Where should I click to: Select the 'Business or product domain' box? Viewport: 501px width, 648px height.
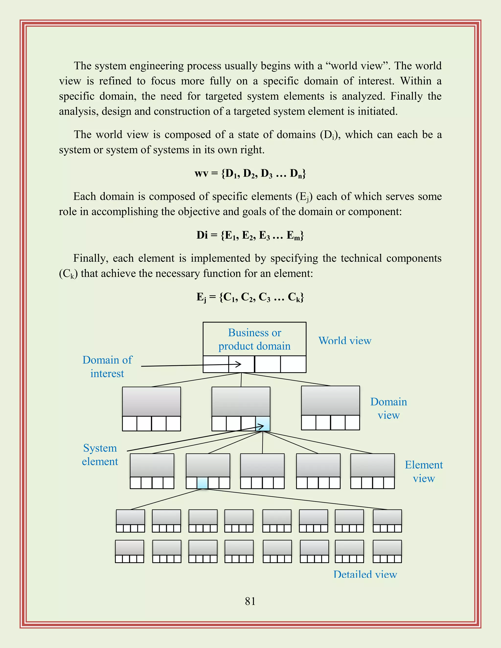point(254,339)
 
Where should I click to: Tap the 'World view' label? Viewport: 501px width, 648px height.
point(345,341)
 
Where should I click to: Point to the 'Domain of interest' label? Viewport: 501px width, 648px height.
point(107,367)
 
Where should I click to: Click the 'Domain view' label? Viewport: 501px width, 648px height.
point(388,408)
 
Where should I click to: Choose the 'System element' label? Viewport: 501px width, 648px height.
point(100,455)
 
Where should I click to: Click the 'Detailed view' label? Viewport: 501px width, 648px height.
point(365,574)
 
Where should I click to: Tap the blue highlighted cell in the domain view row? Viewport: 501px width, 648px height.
point(263,423)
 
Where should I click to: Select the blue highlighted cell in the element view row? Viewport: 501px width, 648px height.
point(202,483)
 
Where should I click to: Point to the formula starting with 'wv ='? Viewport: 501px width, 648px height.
point(250,173)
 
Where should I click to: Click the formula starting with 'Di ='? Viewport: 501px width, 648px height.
point(250,235)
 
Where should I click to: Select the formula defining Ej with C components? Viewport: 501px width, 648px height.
point(250,297)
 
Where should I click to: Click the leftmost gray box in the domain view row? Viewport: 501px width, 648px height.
point(151,402)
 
